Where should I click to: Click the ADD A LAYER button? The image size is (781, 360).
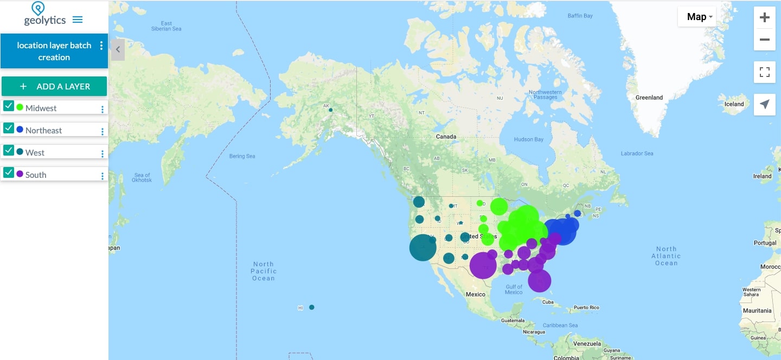(54, 86)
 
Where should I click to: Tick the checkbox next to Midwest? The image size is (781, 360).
(9, 106)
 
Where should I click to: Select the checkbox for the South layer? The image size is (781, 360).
(9, 173)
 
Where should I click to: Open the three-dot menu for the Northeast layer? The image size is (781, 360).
(102, 131)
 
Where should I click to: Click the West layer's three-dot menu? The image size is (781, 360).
(102, 153)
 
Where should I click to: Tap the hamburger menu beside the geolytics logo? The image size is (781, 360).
(78, 20)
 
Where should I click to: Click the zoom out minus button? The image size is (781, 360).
(764, 40)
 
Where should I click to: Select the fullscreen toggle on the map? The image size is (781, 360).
(764, 72)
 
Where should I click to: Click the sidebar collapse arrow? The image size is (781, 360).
(118, 49)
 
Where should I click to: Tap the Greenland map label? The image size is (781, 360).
(649, 98)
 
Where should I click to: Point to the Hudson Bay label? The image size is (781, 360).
(528, 140)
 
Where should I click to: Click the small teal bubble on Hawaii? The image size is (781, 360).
(312, 307)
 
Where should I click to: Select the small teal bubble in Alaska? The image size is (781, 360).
(330, 110)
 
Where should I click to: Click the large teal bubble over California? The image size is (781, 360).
(422, 247)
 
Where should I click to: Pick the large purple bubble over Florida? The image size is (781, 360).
(539, 281)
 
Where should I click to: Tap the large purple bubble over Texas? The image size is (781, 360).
(483, 266)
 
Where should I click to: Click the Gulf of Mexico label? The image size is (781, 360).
(513, 289)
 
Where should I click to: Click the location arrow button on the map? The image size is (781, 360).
(764, 104)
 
